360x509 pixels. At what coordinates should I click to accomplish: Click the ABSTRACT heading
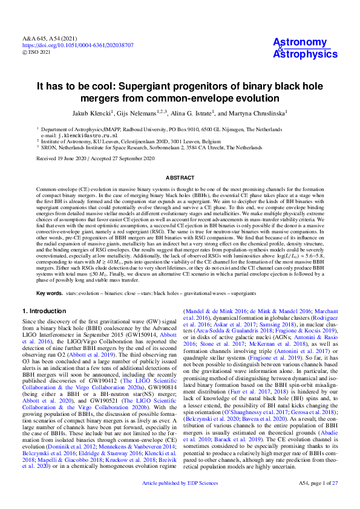180,177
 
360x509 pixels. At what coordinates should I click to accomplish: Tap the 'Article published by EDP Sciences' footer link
179,501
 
